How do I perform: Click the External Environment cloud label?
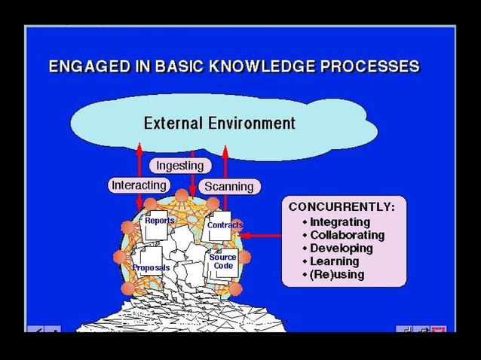(219, 123)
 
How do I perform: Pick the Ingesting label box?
(180, 165)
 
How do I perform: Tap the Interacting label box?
(139, 185)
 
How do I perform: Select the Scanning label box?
(229, 186)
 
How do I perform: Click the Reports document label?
(160, 221)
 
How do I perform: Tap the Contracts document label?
(225, 224)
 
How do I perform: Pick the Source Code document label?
(223, 261)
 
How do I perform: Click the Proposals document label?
(152, 267)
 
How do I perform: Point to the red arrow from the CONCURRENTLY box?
(262, 236)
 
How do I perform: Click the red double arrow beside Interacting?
(139, 173)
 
